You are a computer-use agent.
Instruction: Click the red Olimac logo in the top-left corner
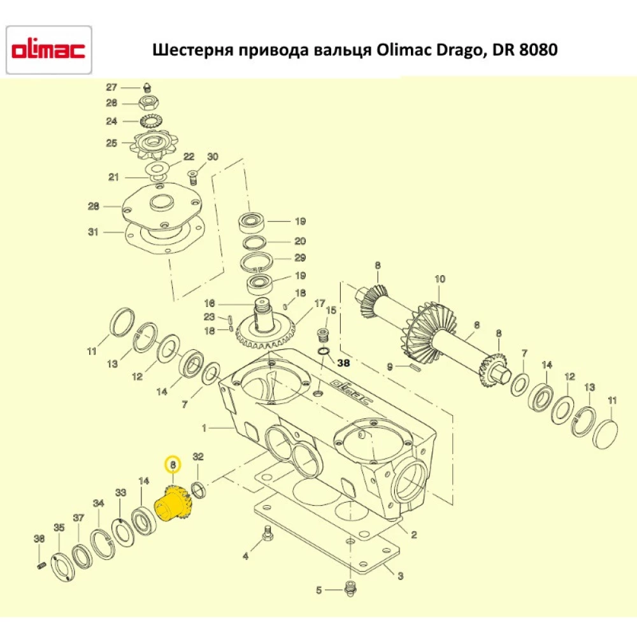(48, 50)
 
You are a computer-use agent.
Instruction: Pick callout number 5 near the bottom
(319, 590)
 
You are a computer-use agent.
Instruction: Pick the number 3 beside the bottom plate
(400, 576)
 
